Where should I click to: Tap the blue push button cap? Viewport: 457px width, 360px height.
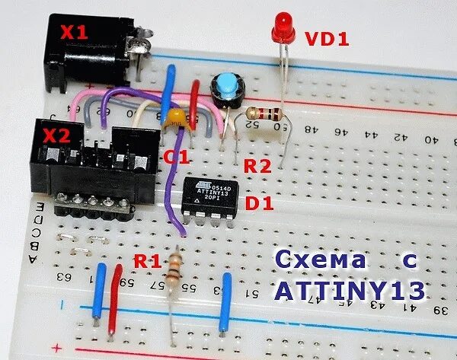coord(225,86)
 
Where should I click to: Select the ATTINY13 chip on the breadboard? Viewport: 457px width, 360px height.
coord(209,199)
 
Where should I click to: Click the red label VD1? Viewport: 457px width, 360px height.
coord(327,38)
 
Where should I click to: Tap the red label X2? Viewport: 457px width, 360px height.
coord(57,136)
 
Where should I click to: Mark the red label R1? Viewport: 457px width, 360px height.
coord(149,262)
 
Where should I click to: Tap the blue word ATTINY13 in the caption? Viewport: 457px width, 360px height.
coord(350,292)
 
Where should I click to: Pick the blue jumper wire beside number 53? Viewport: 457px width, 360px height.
coord(225,301)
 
